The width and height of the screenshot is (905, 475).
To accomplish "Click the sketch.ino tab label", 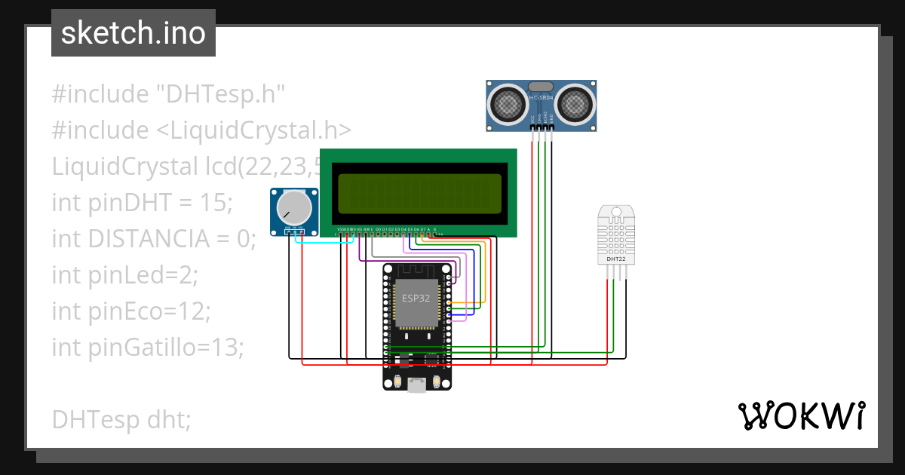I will tap(133, 33).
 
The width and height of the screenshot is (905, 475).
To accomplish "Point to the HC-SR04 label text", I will tap(541, 98).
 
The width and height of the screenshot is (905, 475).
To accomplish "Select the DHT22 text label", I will tap(615, 259).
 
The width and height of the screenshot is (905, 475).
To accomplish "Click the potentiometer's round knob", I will tap(293, 207).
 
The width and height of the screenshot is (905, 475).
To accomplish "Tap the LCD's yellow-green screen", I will tap(420, 193).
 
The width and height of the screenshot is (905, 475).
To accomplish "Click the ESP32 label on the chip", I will tap(416, 298).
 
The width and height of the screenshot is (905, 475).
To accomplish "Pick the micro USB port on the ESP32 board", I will tap(416, 385).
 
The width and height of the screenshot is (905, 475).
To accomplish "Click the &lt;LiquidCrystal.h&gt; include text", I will tap(254, 130).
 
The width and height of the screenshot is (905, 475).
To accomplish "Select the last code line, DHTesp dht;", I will tap(121, 420).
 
